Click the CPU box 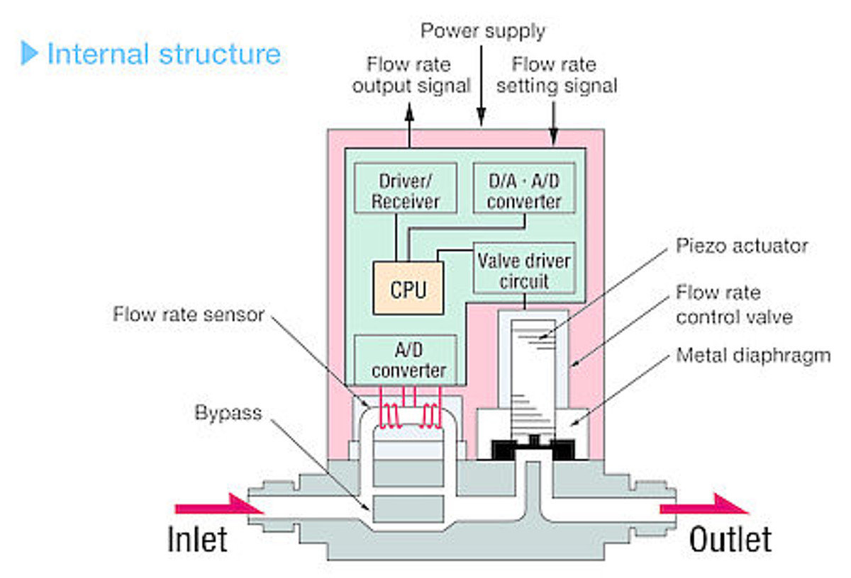point(408,288)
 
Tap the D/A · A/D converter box point(524,189)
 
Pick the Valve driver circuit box point(524,270)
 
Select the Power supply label point(482,31)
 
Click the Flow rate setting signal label point(555,75)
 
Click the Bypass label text point(228,412)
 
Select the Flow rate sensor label point(188,314)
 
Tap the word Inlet point(197,540)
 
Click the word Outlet point(730,540)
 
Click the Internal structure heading point(163,54)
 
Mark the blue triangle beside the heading point(29,54)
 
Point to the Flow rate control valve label point(733,304)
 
